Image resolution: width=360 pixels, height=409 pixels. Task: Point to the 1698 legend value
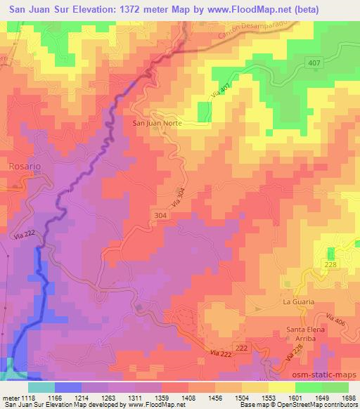point(347,397)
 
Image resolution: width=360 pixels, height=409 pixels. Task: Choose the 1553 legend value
point(278,397)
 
